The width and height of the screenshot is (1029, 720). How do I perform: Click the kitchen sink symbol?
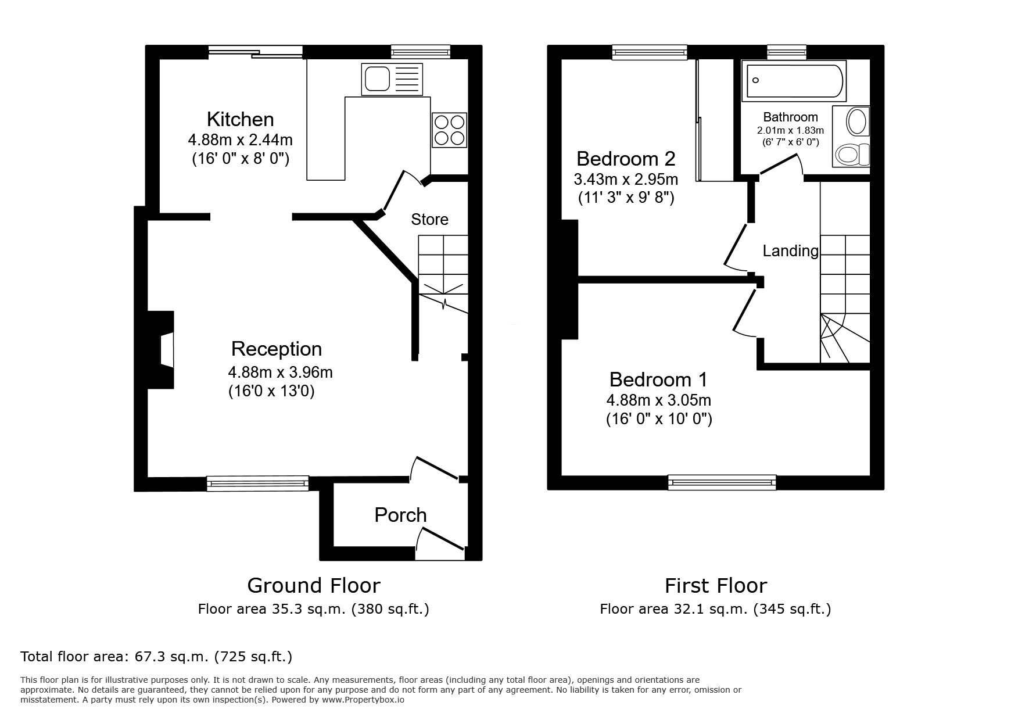[x=392, y=79]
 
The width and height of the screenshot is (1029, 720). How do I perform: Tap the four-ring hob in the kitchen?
[x=449, y=130]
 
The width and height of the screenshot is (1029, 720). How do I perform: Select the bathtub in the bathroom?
[x=794, y=81]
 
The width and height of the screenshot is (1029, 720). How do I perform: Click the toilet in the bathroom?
[x=852, y=155]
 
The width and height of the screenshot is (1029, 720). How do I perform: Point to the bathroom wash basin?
[x=856, y=123]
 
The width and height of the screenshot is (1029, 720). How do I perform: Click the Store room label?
[x=429, y=219]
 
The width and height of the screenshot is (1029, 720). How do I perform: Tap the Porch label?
[x=400, y=515]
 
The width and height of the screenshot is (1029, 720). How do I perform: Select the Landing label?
[x=790, y=250]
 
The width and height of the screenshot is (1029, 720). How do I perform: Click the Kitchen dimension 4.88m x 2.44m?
[x=240, y=140]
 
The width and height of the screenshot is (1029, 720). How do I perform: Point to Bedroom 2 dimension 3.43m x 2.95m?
[x=626, y=179]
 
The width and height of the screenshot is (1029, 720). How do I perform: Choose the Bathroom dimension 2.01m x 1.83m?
[x=790, y=131]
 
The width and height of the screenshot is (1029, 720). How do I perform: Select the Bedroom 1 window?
[x=722, y=481]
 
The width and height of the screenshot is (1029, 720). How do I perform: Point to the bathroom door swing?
[x=782, y=164]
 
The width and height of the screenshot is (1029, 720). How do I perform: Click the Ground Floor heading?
[x=314, y=585]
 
